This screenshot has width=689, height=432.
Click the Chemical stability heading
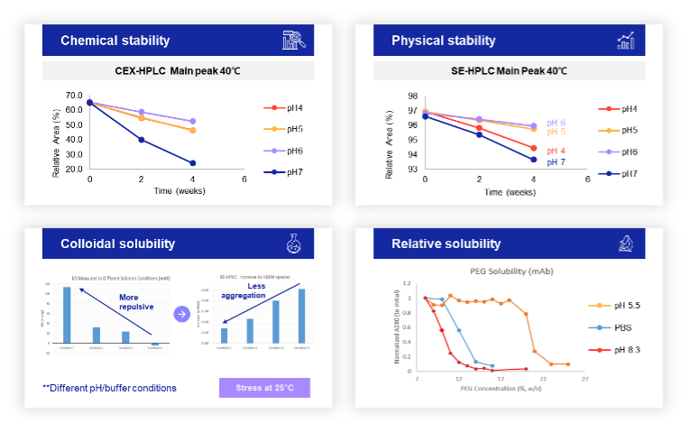(115, 41)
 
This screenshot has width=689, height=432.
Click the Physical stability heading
(443, 41)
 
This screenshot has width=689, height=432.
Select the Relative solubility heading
(446, 244)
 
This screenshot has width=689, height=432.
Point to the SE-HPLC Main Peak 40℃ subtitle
(509, 71)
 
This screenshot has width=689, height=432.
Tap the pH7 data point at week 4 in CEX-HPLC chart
(193, 163)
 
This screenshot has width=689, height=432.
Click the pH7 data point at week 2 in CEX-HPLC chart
(142, 140)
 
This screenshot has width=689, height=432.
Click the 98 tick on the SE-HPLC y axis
(412, 96)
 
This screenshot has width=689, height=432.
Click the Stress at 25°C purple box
(264, 388)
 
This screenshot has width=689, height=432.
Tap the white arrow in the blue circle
(181, 314)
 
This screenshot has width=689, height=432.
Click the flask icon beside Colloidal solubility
(293, 244)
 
